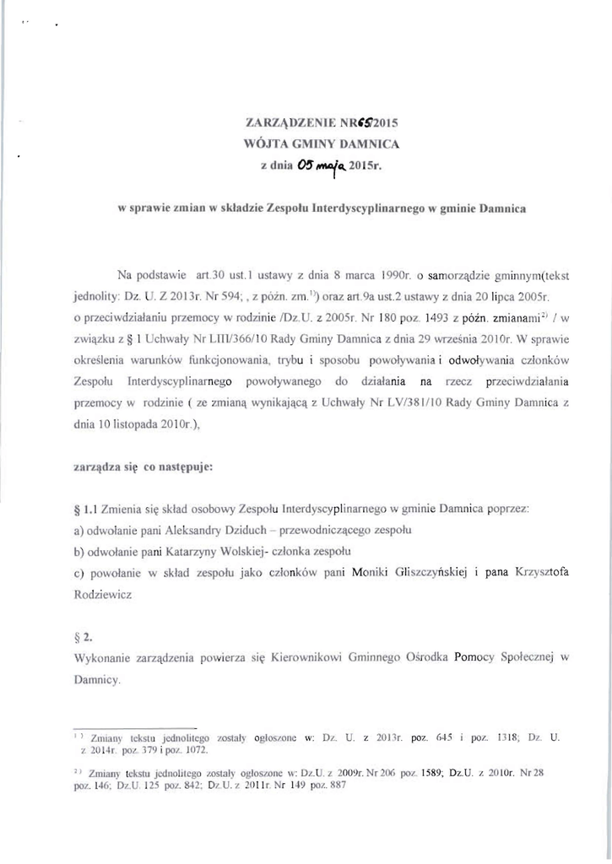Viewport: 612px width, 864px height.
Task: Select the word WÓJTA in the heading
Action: [262, 144]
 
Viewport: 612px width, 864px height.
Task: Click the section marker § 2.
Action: [81, 637]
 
